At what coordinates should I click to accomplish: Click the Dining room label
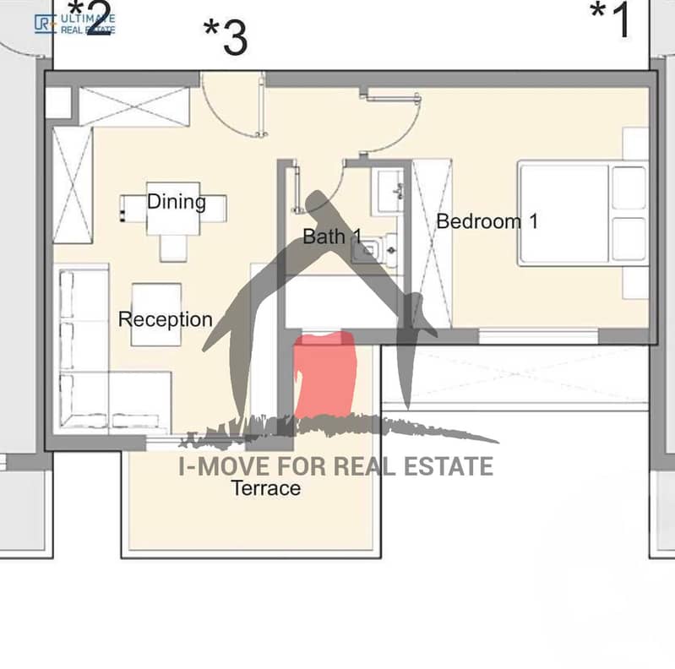177,202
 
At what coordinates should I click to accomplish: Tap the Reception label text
166,319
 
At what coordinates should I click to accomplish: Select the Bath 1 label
332,237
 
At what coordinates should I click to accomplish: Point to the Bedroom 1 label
487,221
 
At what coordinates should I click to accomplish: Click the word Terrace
266,488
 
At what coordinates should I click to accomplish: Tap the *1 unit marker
610,19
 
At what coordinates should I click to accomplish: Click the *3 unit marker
226,37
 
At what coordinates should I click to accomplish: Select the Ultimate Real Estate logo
74,24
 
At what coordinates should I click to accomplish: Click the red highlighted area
325,374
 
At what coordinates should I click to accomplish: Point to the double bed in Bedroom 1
583,214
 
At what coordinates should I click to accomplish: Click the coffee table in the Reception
156,314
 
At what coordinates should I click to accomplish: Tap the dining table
173,209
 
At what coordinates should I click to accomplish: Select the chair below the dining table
173,248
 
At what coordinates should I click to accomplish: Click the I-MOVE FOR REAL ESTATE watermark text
335,466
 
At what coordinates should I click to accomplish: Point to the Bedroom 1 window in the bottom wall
538,336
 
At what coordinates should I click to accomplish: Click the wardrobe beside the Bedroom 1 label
432,244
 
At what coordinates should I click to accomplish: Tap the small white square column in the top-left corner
58,102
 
